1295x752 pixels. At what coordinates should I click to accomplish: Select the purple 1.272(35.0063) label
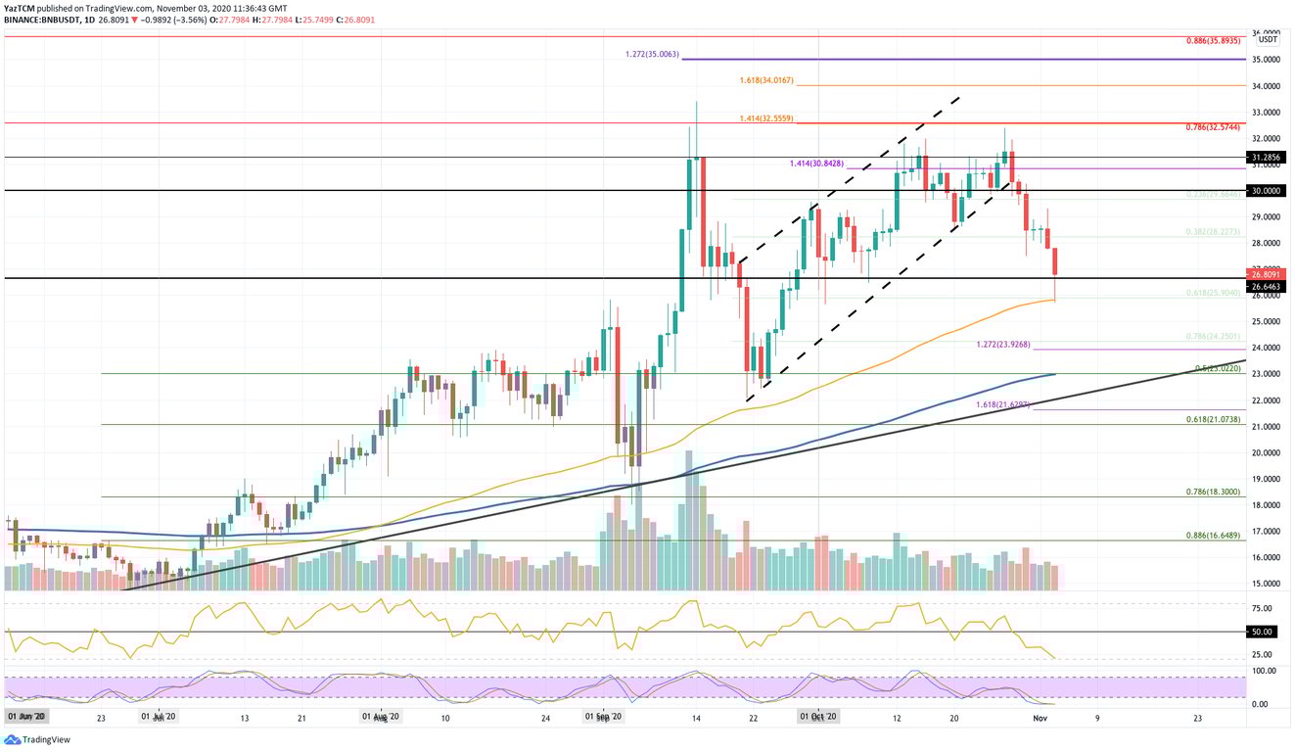(x=653, y=54)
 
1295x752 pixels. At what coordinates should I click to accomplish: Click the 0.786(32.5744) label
(x=1213, y=127)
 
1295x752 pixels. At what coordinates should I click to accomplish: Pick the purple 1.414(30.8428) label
(x=816, y=164)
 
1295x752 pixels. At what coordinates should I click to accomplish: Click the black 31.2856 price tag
(x=1268, y=157)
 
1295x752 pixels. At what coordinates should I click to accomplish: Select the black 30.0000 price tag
(x=1268, y=191)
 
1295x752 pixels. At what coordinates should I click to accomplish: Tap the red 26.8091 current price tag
(x=1268, y=274)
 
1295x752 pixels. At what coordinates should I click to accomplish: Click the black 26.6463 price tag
(x=1268, y=286)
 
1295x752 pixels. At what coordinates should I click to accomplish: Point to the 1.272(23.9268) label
(x=1002, y=345)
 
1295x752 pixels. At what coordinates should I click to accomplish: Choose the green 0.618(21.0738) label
(x=1213, y=418)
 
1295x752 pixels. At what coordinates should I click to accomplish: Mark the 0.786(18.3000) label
(x=1213, y=492)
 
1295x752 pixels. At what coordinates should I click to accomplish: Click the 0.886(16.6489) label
(x=1213, y=535)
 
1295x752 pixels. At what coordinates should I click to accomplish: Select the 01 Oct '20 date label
(x=819, y=717)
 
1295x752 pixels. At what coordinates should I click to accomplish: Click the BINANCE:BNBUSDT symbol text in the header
(x=41, y=19)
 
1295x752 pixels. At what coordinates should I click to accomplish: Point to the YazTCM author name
(x=21, y=7)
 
